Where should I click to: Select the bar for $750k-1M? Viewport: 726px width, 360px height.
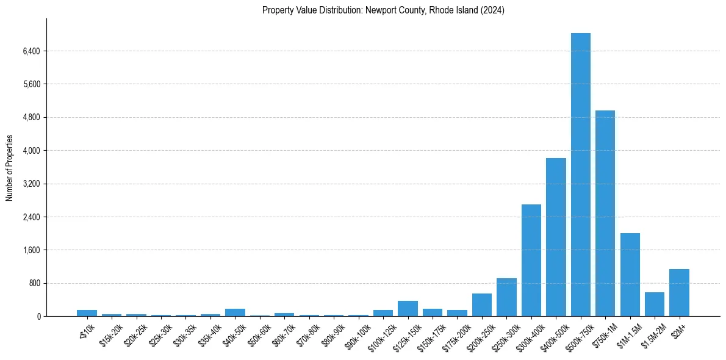605,214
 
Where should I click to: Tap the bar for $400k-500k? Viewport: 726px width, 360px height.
556,237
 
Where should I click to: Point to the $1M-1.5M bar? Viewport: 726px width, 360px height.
630,275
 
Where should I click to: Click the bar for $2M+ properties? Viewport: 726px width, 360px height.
679,293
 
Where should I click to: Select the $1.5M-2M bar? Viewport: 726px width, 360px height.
654,304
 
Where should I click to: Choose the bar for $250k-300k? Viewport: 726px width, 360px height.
506,298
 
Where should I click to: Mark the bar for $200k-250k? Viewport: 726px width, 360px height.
481,305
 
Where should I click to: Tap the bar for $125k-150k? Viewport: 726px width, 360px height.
408,309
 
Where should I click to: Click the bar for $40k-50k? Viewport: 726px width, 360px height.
235,312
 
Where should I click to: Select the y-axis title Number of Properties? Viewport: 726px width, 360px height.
10,168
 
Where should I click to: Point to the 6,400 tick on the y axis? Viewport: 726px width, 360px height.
31,51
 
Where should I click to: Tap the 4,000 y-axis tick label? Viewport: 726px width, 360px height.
31,151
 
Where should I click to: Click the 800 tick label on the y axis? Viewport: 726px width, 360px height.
34,283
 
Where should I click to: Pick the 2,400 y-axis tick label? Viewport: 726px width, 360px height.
31,217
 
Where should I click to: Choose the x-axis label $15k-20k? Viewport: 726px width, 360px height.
110,332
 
